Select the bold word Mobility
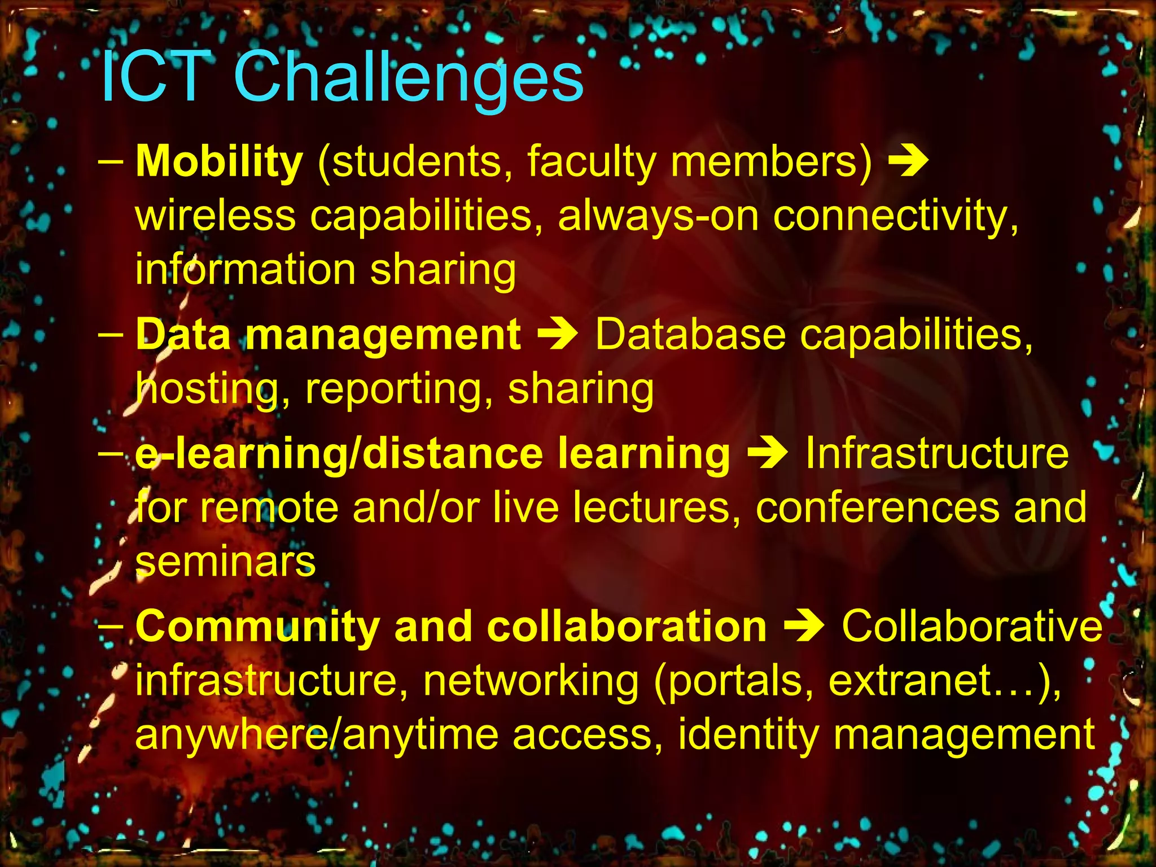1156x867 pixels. tap(219, 161)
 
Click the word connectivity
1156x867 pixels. tap(895, 216)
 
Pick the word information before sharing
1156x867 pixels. tap(245, 270)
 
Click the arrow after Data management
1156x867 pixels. tap(557, 334)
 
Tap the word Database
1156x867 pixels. tap(690, 334)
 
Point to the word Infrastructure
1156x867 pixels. tap(937, 453)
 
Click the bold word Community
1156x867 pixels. tap(257, 627)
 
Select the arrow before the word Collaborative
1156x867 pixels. tap(804, 627)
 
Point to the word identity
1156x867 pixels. tap(748, 734)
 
